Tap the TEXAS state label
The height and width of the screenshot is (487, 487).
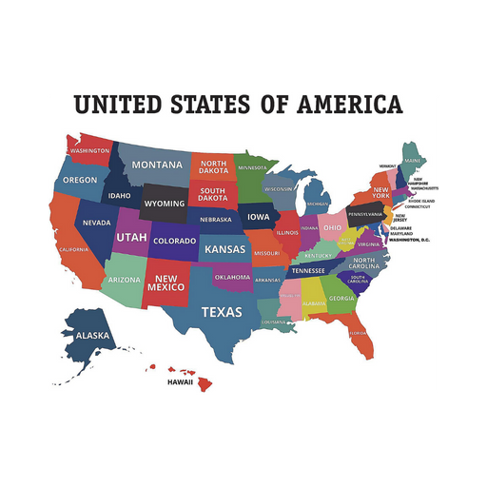coord(221,312)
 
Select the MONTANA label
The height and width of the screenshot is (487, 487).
coord(157,165)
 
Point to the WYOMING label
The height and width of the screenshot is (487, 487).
coord(164,204)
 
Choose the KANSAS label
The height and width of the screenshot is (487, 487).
coord(224,249)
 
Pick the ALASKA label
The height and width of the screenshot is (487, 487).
coord(92,335)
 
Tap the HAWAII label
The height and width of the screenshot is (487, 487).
coord(180,381)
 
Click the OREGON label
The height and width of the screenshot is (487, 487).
coord(80,180)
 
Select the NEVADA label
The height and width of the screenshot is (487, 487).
coord(97,223)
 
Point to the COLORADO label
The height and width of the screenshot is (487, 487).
coord(175,242)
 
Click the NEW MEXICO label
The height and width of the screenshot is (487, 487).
coord(164,283)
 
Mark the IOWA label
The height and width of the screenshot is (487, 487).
coord(259,217)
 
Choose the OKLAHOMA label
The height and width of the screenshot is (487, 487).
coord(232,278)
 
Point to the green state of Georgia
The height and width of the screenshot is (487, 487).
coord(341,298)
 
